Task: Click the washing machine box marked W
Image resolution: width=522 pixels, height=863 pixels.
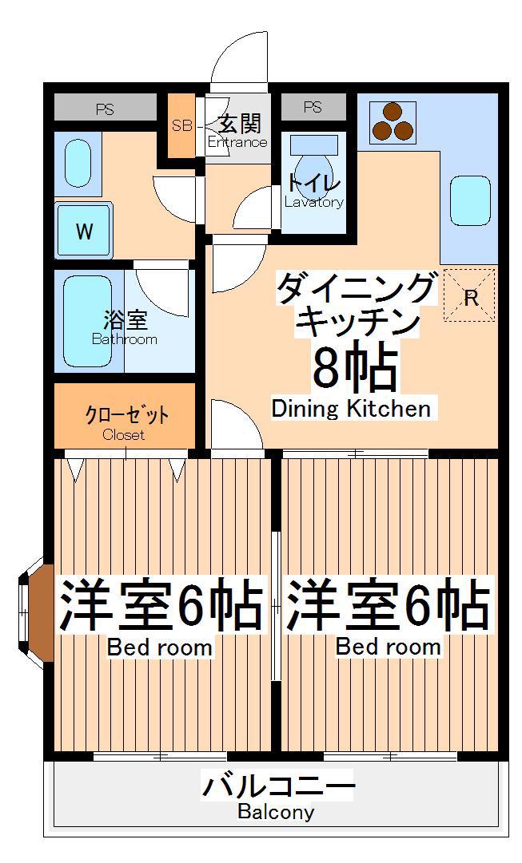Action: [84, 230]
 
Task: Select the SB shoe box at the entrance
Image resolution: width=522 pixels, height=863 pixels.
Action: [181, 125]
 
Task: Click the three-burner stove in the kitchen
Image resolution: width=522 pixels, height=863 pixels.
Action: [392, 122]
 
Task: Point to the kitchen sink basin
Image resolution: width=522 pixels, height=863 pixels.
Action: [470, 201]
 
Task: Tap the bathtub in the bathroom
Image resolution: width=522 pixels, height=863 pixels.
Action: [88, 322]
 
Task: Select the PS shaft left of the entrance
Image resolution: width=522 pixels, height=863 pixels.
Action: [106, 109]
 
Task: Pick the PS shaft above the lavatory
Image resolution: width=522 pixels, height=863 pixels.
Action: [313, 107]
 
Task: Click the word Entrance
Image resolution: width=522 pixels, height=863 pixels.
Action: [237, 142]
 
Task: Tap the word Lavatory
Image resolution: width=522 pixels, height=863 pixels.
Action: [314, 202]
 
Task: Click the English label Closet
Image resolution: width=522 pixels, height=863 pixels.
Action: [123, 435]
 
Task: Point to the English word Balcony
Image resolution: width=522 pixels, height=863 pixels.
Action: [276, 812]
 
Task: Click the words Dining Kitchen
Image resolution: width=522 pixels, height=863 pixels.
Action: [351, 409]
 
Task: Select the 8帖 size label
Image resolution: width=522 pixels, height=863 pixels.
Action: [354, 364]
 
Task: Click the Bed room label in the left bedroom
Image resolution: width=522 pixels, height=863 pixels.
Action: [159, 647]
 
